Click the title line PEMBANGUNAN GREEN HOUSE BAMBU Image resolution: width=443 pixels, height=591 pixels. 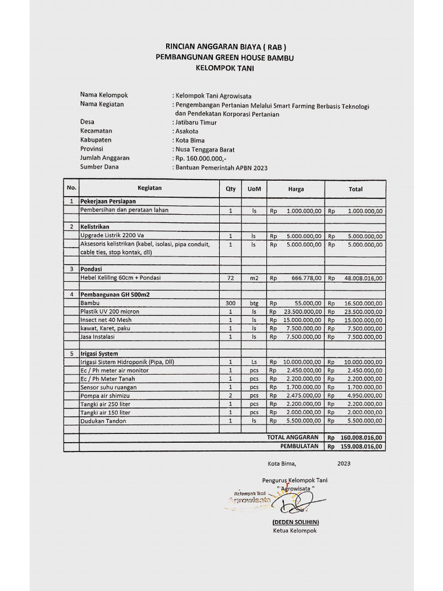point(221,57)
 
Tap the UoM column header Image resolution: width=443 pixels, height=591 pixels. point(254,189)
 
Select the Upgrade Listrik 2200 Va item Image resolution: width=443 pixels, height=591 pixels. point(112,235)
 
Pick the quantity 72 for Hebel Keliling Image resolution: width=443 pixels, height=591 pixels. point(230,278)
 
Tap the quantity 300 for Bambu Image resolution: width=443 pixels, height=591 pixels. point(230,303)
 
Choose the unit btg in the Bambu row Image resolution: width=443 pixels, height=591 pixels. point(254,303)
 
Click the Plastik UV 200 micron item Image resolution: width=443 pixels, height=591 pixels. point(110,312)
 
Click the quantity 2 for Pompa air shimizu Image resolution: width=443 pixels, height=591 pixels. point(230,396)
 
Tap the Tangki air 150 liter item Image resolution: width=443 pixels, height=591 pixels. point(105,413)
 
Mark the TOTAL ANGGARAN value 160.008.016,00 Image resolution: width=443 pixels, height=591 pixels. point(361,438)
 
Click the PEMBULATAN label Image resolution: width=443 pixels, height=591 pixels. point(299,446)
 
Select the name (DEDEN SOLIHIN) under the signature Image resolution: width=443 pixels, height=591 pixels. point(296,522)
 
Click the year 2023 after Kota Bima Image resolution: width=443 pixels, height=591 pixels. point(344,463)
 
